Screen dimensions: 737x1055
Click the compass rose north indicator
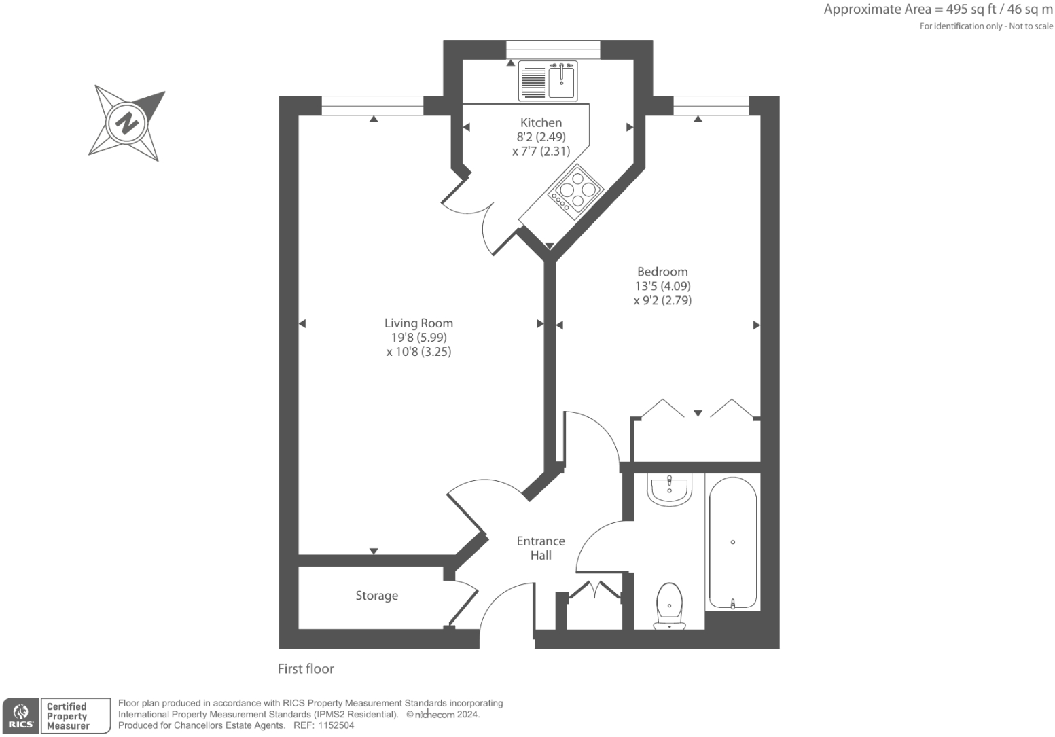126,124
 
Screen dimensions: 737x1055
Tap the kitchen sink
548,81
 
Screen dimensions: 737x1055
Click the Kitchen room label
541,123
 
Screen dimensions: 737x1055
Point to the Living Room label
418,323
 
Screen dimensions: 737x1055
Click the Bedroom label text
662,272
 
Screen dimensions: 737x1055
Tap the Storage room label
376,596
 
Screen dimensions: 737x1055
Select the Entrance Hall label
541,548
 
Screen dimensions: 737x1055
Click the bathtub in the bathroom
732,542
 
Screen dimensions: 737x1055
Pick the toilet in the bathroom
670,605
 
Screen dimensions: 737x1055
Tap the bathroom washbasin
670,490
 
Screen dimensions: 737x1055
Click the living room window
372,105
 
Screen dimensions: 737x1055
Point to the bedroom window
711,105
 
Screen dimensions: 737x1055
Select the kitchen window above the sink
553,50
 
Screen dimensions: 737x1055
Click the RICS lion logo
20,715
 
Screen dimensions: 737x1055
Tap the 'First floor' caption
306,669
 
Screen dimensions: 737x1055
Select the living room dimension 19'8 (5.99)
418,338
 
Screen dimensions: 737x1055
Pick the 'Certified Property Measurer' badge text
68,716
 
